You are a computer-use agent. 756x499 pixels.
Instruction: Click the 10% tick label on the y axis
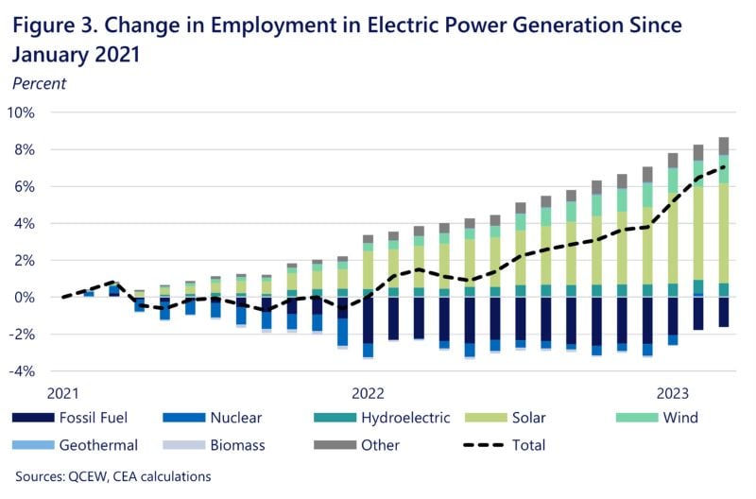21,112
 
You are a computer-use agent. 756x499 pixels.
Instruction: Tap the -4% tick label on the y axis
21,371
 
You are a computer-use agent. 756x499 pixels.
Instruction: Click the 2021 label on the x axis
62,391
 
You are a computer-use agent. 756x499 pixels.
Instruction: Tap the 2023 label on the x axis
672,391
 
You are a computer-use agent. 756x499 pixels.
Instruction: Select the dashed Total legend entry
502,445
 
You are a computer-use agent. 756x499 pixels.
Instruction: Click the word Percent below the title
39,83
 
